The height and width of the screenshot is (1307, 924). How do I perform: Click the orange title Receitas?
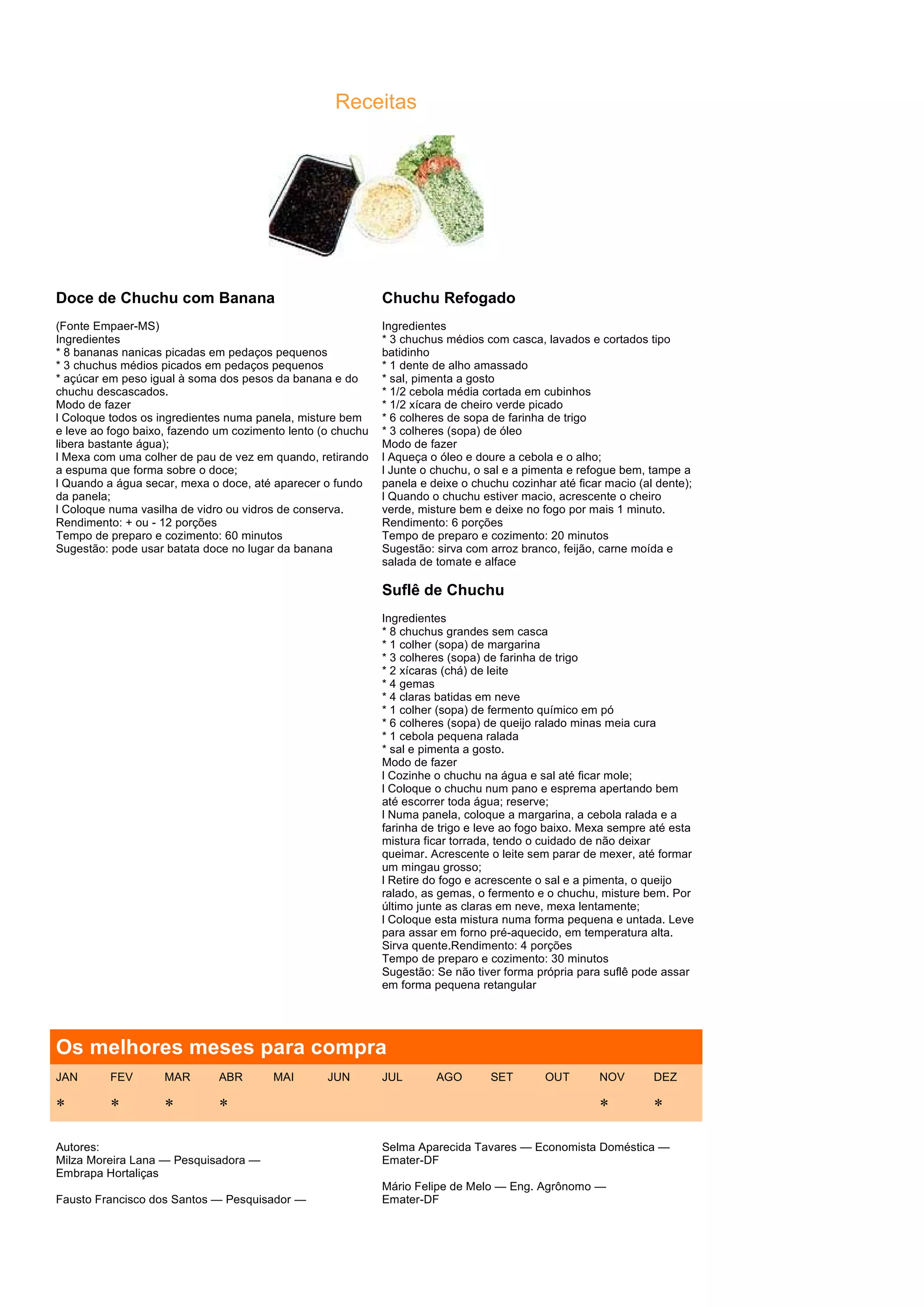coord(376,102)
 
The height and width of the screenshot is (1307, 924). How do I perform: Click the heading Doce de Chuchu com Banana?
coord(165,298)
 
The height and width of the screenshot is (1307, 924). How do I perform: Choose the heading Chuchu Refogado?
coord(448,298)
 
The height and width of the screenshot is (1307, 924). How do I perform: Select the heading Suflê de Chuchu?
coord(443,590)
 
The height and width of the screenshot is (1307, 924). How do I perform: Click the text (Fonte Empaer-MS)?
coord(107,326)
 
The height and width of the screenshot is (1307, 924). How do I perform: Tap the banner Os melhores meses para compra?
coord(221,1047)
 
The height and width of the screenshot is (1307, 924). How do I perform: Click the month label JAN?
coord(67,1077)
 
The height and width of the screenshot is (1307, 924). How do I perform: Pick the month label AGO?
coord(448,1077)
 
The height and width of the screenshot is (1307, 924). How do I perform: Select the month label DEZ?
coord(665,1077)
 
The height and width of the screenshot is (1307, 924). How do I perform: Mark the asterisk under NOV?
coord(604,1103)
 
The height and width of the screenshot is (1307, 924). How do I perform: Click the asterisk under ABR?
coord(224,1103)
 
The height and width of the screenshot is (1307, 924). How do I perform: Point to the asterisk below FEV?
coord(115,1103)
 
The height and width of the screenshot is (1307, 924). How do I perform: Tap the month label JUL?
coord(392,1077)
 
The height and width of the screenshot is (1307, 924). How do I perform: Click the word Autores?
coord(78,1147)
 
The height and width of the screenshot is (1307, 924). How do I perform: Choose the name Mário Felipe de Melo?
coord(436,1186)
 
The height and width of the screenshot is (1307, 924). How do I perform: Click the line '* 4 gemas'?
coord(408,684)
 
